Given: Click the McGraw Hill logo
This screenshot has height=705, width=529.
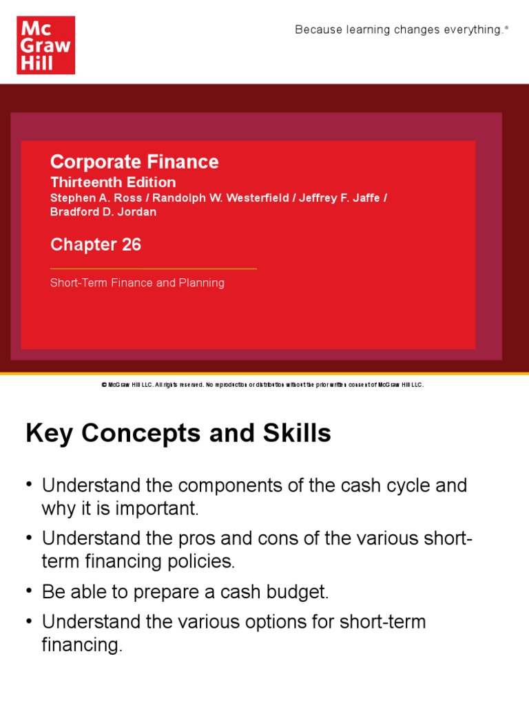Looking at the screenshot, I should pos(45,45).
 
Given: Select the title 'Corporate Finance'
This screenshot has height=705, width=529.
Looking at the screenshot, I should pos(134,162).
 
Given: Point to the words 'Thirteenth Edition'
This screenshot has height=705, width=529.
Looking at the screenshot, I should pos(113,182).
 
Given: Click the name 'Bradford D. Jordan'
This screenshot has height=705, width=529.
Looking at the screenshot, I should pos(103,212).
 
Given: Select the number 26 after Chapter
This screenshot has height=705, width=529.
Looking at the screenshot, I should pos(131,245).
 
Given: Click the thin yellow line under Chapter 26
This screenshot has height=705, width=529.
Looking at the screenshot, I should pos(153,269).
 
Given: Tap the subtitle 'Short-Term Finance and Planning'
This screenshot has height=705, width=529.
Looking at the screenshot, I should pos(137,283).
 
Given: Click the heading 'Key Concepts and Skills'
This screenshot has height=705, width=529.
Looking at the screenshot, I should pos(178,434).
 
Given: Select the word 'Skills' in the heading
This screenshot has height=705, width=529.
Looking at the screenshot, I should pos(298,434).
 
